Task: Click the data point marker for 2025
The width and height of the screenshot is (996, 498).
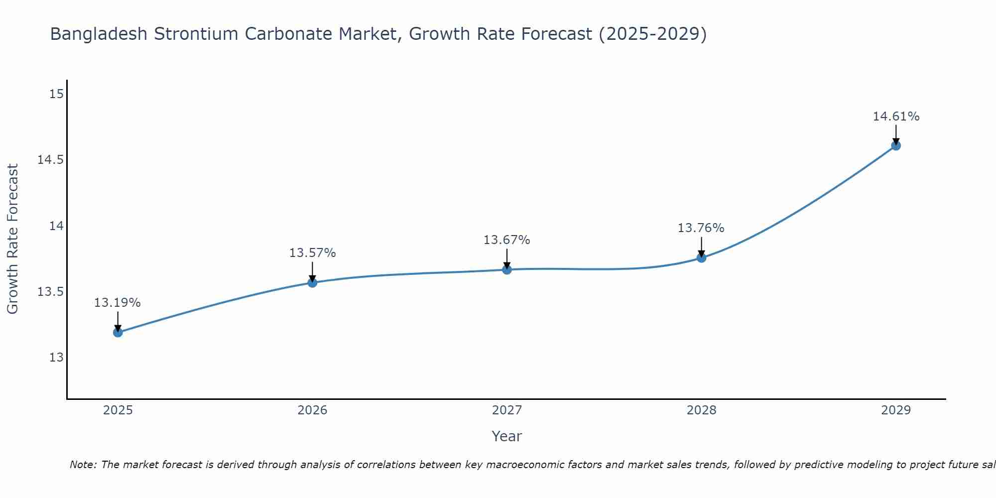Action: coord(118,332)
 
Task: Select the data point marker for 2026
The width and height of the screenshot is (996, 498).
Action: coord(312,282)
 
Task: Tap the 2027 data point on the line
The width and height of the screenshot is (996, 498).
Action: coord(507,269)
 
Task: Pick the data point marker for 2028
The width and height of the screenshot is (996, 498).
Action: coord(701,257)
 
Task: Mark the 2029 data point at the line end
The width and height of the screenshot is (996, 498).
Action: coord(896,145)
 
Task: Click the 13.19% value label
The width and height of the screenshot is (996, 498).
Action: coord(118,303)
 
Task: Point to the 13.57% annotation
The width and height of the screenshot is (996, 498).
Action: coord(312,253)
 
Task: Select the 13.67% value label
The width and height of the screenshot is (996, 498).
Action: coord(506,240)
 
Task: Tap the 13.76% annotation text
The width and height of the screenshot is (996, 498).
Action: coord(701,228)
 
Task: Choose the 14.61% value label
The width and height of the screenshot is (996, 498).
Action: coord(896,117)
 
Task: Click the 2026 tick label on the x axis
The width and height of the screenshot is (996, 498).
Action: coord(312,410)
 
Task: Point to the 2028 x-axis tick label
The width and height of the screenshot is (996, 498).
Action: coord(701,410)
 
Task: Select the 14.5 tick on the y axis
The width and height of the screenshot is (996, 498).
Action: coord(51,160)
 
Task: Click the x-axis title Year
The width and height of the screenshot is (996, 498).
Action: coord(506,436)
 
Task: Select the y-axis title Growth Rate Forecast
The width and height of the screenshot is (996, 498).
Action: coord(13,239)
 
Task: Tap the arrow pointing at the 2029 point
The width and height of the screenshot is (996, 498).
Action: coord(896,134)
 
